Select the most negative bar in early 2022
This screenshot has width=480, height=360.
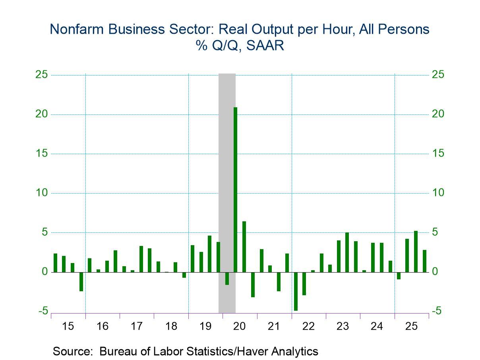tap(296, 291)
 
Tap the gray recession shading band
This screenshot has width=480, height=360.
tap(227, 159)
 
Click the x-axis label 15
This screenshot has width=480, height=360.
tap(68, 327)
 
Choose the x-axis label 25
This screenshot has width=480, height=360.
tap(411, 327)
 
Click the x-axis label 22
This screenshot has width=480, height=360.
tap(308, 327)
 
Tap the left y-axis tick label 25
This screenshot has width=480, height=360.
tap(42, 75)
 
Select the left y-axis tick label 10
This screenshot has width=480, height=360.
tap(42, 193)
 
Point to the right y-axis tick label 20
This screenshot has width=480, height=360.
tap(439, 114)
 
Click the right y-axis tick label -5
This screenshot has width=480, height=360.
tap(437, 311)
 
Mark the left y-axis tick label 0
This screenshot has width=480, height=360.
tap(45, 272)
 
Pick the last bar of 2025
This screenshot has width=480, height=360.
tap(424, 261)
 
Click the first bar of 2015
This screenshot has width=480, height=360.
tap(56, 263)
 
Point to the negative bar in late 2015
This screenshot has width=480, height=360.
tap(81, 282)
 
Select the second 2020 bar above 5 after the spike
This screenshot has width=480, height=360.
tap(244, 247)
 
